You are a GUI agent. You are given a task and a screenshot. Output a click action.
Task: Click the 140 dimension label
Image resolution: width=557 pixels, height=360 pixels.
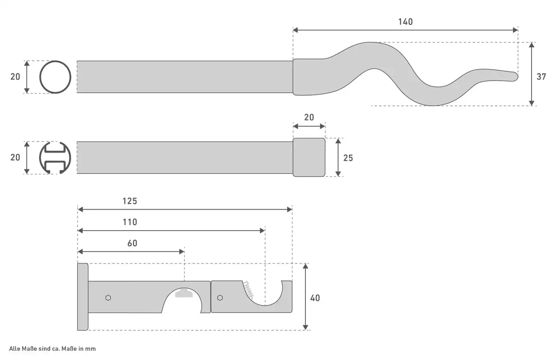[405, 22]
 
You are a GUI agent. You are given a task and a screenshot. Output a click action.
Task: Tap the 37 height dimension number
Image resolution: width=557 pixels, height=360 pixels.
[541, 77]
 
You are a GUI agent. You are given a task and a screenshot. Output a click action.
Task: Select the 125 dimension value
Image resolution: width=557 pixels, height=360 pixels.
[130, 201]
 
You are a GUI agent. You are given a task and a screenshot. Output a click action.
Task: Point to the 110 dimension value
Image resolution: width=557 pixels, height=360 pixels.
[130, 222]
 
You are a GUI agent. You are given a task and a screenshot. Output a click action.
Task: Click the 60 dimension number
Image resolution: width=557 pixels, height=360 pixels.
[132, 243]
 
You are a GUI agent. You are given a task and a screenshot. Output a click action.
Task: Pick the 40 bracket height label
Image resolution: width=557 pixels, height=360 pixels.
[315, 298]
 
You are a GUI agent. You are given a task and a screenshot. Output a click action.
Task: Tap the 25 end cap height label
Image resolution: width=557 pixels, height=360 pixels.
[348, 158]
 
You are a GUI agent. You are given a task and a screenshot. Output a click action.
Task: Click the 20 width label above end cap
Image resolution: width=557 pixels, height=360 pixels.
[309, 117]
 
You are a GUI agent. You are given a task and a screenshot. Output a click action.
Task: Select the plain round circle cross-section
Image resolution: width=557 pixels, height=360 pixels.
[55, 77]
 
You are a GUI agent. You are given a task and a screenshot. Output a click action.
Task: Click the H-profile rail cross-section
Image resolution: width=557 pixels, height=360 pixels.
[55, 158]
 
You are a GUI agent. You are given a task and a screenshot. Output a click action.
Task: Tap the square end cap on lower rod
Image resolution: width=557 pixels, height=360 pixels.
[309, 157]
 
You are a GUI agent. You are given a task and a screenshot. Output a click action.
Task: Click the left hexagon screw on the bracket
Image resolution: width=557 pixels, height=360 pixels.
[108, 297]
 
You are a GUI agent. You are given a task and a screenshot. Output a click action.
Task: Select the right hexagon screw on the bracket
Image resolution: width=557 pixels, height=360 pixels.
[220, 297]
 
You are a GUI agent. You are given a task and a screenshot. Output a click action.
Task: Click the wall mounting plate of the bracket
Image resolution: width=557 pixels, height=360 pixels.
[83, 297]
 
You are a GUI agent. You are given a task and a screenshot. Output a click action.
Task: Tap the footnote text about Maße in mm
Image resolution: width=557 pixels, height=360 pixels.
[52, 348]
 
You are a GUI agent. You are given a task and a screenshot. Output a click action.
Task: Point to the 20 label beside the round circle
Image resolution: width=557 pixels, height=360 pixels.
[15, 77]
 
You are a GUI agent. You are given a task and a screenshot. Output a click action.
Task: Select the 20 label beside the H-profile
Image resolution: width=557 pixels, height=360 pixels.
[15, 158]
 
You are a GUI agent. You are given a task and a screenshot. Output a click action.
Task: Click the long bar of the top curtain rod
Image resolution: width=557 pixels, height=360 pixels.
[184, 77]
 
